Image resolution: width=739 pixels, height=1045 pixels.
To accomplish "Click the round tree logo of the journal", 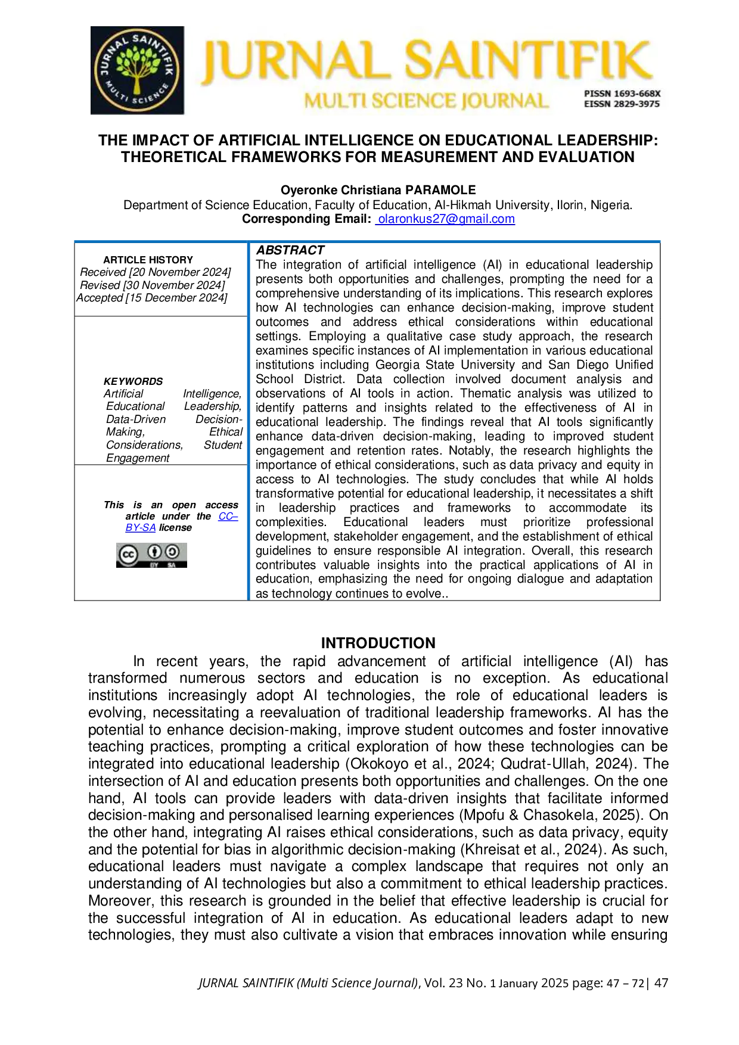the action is point(137,70).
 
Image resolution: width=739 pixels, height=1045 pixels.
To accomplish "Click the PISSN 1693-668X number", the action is point(622,94).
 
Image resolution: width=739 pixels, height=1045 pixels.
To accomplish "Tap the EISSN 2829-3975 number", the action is point(622,104).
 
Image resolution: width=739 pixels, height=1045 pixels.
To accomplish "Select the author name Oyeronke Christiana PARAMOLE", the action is point(378,190).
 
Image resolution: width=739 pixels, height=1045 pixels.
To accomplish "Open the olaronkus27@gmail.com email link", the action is point(446,219).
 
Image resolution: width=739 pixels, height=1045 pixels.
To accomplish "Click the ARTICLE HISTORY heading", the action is point(148,260).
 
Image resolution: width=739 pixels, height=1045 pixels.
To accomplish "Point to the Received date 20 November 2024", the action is point(156,272).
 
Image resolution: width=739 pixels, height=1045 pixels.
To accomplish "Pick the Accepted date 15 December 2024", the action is point(152,298).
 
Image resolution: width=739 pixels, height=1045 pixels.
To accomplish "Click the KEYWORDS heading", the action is point(133,381).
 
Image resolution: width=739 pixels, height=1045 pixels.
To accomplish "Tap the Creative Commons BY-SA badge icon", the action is point(151,555).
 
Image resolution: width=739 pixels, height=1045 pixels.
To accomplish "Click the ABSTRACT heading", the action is point(290,250).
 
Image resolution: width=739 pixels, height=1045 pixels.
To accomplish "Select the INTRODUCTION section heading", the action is point(378,643).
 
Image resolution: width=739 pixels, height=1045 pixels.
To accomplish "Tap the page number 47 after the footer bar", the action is point(661,983).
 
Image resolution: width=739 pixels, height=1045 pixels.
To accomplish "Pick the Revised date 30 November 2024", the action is point(153,285).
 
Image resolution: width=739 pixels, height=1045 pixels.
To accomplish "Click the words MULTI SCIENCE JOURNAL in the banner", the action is point(426,101).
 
